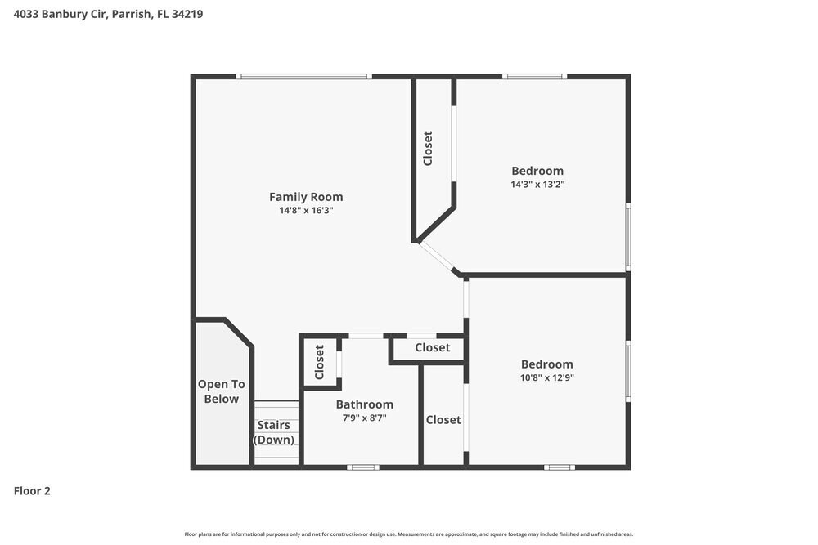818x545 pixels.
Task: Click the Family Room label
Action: pyautogui.click(x=306, y=197)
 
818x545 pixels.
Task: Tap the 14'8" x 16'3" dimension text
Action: pyautogui.click(x=306, y=211)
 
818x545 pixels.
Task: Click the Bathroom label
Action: pyautogui.click(x=364, y=404)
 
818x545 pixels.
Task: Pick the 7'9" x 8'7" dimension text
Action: pyautogui.click(x=364, y=418)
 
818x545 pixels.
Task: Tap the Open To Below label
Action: pyautogui.click(x=221, y=391)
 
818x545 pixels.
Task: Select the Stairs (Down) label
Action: pyautogui.click(x=274, y=432)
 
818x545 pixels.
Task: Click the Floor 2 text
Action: pyautogui.click(x=32, y=491)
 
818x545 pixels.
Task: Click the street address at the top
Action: pyautogui.click(x=108, y=14)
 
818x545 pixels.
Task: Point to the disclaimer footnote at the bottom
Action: pyautogui.click(x=409, y=534)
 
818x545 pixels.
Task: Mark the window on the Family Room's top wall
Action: pyautogui.click(x=303, y=77)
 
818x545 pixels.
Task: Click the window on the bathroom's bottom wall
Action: pyautogui.click(x=362, y=467)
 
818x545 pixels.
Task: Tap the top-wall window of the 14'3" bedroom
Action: pyautogui.click(x=534, y=77)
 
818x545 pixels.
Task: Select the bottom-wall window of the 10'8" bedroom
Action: pyautogui.click(x=560, y=467)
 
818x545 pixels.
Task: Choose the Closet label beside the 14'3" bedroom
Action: pyautogui.click(x=428, y=149)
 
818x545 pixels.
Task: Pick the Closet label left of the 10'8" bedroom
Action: pyautogui.click(x=443, y=420)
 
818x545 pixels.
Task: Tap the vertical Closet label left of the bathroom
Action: pyautogui.click(x=320, y=361)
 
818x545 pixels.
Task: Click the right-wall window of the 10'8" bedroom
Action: pyautogui.click(x=627, y=370)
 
